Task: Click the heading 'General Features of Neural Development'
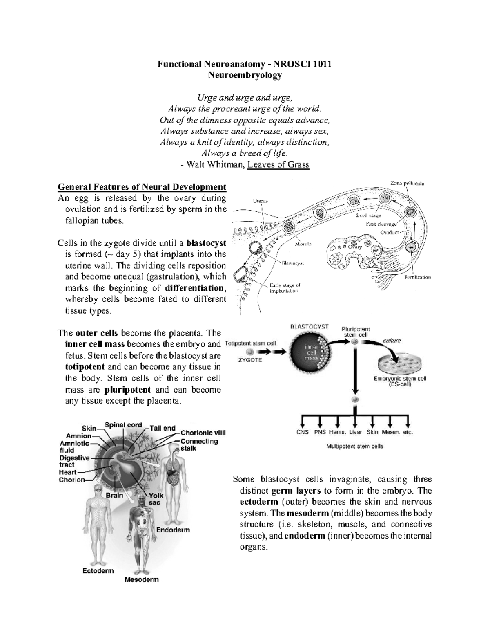142,187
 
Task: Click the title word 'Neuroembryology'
245,75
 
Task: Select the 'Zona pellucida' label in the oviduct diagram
407,184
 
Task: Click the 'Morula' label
303,244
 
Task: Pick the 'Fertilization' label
417,277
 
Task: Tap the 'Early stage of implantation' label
285,288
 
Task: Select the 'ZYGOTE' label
250,360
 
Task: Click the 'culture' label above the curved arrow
392,340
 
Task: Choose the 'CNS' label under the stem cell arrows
302,432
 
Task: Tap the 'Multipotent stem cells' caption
354,447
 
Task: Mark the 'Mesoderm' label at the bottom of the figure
141,579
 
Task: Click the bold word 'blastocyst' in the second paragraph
206,243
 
